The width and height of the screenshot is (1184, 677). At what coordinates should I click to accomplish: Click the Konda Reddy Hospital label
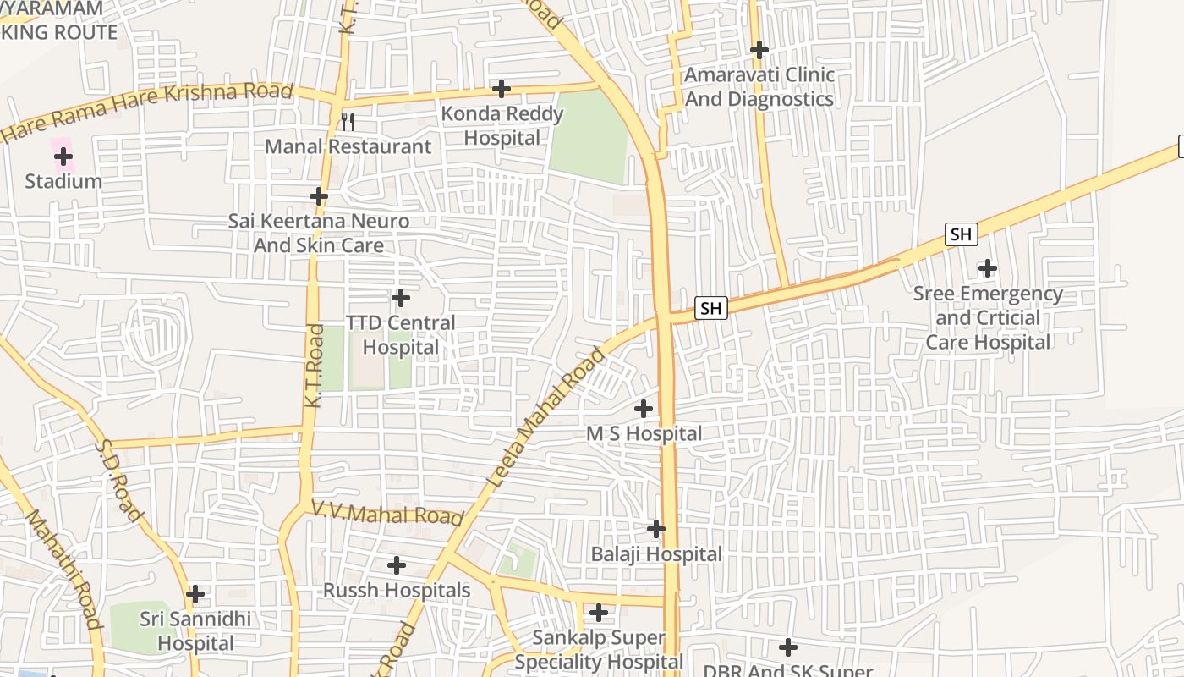(x=502, y=125)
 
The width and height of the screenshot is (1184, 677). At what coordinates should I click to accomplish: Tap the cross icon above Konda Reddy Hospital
(x=502, y=88)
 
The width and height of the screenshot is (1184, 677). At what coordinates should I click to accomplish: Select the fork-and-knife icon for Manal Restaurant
(x=347, y=122)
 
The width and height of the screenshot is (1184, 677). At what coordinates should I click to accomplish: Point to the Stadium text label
(x=63, y=181)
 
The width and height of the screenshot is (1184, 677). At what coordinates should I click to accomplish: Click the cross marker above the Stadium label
(x=63, y=156)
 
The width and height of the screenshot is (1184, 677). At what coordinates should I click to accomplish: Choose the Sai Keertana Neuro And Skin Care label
(x=319, y=234)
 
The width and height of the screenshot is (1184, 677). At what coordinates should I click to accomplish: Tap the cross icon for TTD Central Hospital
(x=401, y=298)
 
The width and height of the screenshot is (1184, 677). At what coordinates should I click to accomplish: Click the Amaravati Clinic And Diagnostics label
(x=759, y=87)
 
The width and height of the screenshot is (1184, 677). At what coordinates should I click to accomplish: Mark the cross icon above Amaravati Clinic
(x=759, y=50)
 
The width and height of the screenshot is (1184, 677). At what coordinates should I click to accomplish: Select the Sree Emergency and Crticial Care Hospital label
(x=988, y=318)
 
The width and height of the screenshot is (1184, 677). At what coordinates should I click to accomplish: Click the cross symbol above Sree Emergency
(x=987, y=269)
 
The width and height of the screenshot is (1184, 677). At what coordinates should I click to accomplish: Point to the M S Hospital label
(x=644, y=434)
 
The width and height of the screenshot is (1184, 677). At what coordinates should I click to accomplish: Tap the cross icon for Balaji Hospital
(x=656, y=529)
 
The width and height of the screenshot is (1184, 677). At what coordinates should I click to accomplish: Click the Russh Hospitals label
(x=397, y=591)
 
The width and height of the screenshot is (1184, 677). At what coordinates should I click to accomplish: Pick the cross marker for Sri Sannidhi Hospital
(x=195, y=594)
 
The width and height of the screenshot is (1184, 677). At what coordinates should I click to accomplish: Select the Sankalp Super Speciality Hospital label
(x=599, y=650)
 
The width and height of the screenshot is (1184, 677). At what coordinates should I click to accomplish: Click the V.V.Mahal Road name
(x=387, y=514)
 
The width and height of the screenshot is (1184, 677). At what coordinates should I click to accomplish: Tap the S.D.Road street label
(x=118, y=480)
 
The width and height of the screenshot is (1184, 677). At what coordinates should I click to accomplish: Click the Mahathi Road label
(x=64, y=569)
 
